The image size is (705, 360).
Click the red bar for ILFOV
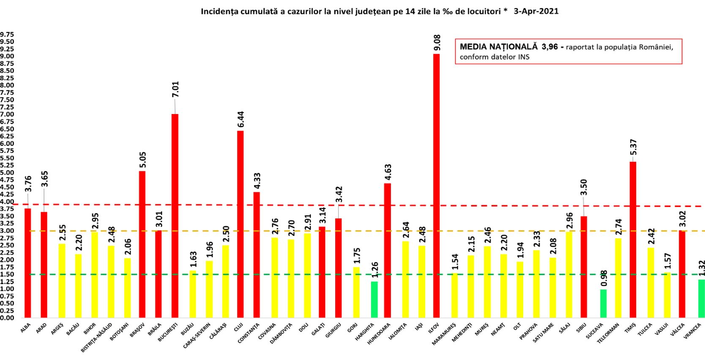(x=436, y=186)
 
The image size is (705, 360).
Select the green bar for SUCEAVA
(x=603, y=303)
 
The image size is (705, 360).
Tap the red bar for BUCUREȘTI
(x=175, y=215)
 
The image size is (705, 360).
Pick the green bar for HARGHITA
(x=374, y=299)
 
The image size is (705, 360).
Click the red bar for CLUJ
(x=240, y=224)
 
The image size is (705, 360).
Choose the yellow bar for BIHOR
(x=95, y=275)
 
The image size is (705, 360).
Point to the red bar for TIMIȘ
(x=633, y=240)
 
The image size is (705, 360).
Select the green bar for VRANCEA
(x=701, y=298)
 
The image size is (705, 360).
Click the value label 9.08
(x=437, y=43)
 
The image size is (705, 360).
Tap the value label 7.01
(x=175, y=89)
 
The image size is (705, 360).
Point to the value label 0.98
(x=604, y=278)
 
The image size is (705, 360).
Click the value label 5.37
(x=633, y=147)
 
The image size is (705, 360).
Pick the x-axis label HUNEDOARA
(x=379, y=333)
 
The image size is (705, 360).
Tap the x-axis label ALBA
(x=25, y=328)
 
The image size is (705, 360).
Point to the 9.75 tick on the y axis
(x=7, y=34)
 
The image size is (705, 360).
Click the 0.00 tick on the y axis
(x=7, y=318)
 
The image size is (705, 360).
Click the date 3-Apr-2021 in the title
(x=536, y=11)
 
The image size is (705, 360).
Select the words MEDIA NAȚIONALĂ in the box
(x=499, y=47)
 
